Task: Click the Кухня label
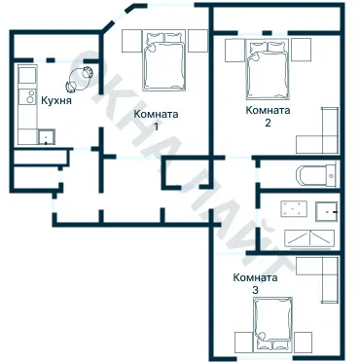[x=56, y=100]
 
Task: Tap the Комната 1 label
[x=156, y=120]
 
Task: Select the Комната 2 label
[x=268, y=116]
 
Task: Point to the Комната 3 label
[x=256, y=284]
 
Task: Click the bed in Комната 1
[x=164, y=60]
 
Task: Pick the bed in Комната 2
[x=268, y=69]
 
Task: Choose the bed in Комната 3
[x=273, y=324]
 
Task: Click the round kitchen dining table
[x=80, y=79]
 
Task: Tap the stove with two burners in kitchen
[x=27, y=97]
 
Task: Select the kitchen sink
[x=47, y=137]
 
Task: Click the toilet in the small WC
[x=316, y=176]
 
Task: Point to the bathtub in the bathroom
[x=309, y=239]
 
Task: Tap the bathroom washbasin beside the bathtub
[x=327, y=211]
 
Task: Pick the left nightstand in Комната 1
[x=132, y=41]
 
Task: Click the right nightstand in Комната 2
[x=301, y=50]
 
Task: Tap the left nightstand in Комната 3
[x=244, y=342]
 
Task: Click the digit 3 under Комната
[x=256, y=290]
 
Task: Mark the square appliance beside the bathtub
[x=294, y=209]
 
